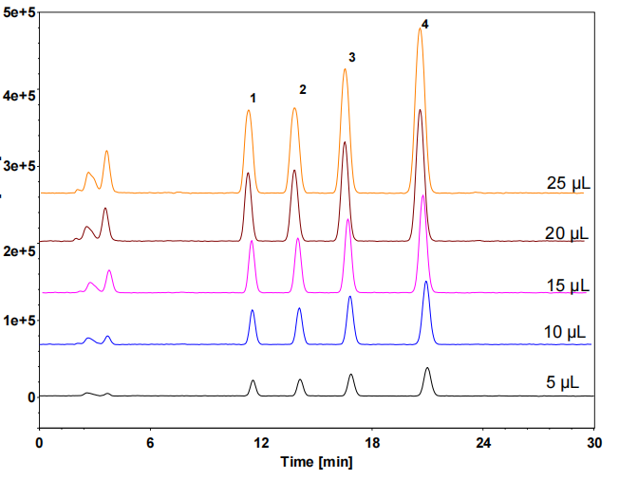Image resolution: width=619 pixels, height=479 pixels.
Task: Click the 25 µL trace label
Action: [x=569, y=183]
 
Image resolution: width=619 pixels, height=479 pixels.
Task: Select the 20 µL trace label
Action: [x=567, y=233]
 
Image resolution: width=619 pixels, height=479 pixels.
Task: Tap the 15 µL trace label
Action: [x=568, y=286]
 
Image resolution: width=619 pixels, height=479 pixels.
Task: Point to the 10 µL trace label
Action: [x=565, y=332]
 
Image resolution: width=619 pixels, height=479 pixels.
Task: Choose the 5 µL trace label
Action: [x=563, y=382]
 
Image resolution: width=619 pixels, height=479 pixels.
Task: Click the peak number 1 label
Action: [x=253, y=99]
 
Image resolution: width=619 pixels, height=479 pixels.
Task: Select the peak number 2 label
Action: [x=303, y=89]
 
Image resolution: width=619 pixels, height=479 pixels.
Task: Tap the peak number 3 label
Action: [x=351, y=58]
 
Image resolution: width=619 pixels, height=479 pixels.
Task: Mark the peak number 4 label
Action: [x=424, y=25]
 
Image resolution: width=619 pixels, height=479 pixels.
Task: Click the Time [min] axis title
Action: [x=316, y=462]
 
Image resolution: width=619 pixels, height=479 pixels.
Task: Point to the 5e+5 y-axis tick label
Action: [x=19, y=12]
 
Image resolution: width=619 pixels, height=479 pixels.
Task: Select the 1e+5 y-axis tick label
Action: [x=19, y=321]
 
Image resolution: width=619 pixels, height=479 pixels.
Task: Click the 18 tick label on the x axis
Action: [x=372, y=443]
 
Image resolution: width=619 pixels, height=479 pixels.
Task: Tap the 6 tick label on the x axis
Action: [x=150, y=443]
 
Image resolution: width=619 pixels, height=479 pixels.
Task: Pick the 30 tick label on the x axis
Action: [x=594, y=443]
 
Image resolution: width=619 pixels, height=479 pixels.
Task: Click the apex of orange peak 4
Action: [x=420, y=28]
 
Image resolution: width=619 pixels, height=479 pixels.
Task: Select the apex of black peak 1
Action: [x=253, y=380]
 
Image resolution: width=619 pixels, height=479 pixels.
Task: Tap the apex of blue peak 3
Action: [x=349, y=296]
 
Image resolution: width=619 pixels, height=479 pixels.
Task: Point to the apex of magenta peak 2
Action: [x=298, y=238]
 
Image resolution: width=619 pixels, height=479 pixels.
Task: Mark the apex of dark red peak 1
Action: [x=248, y=173]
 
